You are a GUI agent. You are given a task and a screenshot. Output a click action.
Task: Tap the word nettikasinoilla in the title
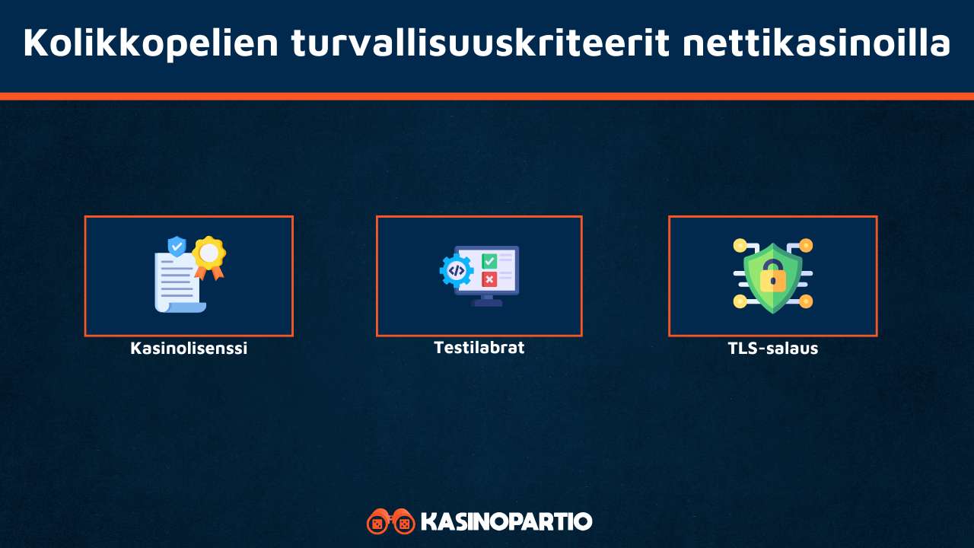coord(816,43)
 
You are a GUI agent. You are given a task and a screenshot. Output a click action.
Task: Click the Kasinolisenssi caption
coord(189,349)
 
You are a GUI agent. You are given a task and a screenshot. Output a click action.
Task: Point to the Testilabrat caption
coord(479,348)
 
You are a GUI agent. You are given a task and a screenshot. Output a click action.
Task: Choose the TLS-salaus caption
coord(772,349)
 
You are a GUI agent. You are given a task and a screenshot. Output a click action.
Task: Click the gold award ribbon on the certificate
coord(208,253)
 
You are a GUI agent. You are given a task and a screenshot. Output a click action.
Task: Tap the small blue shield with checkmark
coord(177,246)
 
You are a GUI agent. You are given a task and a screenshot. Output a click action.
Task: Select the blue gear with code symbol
coord(457,269)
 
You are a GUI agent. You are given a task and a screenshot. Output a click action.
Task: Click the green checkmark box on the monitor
coord(489,261)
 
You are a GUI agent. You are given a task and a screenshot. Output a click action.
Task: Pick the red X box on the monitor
coord(489,279)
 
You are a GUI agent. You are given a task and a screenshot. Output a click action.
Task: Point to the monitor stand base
coord(486,303)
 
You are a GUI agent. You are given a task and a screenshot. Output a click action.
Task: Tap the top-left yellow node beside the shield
coord(740,245)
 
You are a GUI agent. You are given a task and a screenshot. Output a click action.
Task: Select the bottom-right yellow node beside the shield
coord(806,301)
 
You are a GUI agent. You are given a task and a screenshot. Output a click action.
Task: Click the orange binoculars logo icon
coord(390,522)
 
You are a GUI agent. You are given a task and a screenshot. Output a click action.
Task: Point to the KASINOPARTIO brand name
coord(506,522)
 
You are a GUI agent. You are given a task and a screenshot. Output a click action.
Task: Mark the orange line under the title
coord(487,96)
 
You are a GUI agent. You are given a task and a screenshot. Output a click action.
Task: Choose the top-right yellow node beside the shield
coord(806,245)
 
